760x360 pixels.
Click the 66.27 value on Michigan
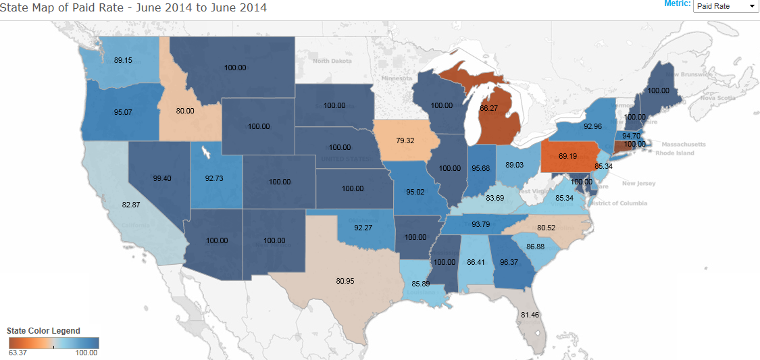488,108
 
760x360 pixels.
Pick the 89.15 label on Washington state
124,60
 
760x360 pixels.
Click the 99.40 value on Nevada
162,178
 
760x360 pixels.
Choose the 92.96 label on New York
592,126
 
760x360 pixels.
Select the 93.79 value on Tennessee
482,224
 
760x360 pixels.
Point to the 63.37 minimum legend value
18,353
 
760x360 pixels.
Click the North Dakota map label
332,61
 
